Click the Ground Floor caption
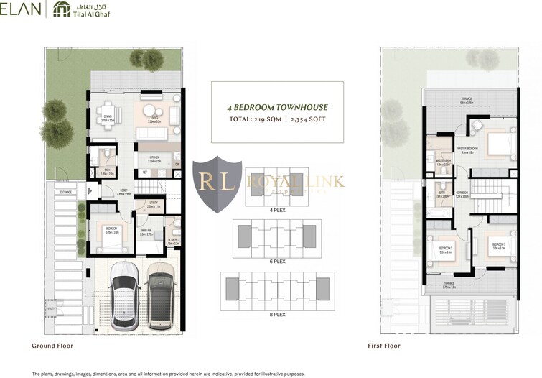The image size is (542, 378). point(52,346)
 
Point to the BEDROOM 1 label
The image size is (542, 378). point(111,229)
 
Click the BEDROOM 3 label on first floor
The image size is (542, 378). point(499,244)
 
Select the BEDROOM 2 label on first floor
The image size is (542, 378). point(444,249)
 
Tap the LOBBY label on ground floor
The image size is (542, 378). point(123,191)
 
